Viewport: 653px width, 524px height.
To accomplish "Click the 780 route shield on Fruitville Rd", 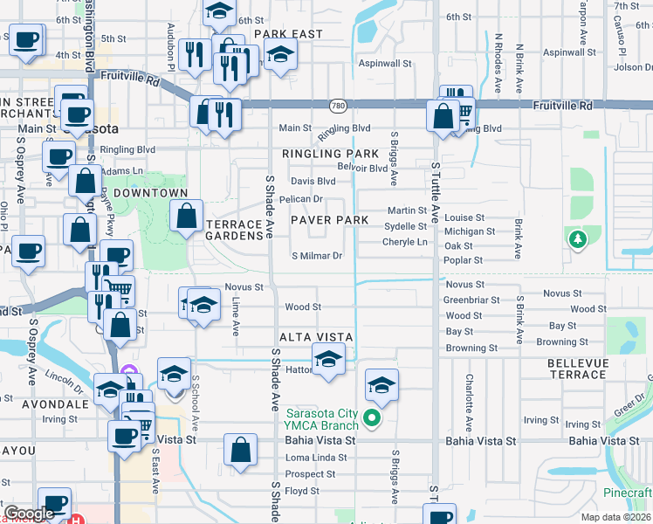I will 336,106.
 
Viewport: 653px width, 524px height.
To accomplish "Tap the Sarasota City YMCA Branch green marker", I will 373,418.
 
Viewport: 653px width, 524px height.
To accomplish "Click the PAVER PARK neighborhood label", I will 330,220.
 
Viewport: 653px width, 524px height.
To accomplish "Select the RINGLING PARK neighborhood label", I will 330,154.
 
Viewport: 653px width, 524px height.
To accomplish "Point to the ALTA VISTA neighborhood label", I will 316,337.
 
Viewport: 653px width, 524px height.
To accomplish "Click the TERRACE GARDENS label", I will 233,231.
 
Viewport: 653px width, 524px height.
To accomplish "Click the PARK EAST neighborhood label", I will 288,34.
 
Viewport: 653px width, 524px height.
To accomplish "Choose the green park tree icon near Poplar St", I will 575,238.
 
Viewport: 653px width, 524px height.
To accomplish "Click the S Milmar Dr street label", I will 316,256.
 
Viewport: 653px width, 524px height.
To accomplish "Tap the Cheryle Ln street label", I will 405,242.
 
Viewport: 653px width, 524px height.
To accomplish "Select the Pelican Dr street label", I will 300,199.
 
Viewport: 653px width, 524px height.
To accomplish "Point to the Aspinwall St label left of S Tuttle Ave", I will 385,64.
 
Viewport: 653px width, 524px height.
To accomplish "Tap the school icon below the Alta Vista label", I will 329,359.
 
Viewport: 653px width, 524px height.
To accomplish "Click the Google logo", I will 29,514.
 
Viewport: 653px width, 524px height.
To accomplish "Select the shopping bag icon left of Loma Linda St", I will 241,450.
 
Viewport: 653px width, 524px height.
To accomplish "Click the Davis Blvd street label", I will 313,182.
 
